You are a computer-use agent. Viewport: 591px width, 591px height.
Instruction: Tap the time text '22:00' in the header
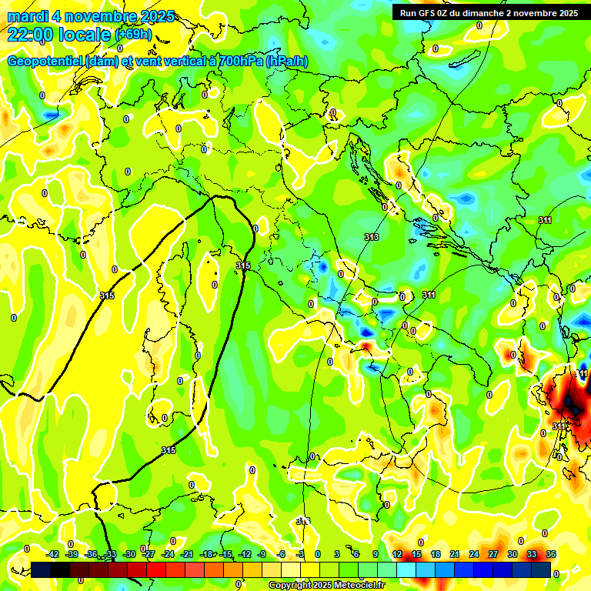(31, 34)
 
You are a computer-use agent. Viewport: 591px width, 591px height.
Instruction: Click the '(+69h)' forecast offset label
(134, 35)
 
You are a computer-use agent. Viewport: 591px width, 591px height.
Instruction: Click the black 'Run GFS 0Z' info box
(487, 13)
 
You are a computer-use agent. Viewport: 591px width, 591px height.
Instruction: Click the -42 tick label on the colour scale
(52, 554)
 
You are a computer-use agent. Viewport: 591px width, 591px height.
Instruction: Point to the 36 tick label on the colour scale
(551, 554)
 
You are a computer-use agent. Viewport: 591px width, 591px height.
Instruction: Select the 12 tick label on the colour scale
(397, 554)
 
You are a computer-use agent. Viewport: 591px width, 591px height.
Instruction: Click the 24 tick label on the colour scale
(474, 554)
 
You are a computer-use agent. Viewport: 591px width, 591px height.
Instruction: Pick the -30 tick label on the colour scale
(129, 554)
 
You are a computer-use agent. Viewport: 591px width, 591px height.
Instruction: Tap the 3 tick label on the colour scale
(337, 554)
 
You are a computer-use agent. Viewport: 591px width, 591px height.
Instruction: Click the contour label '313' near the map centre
(372, 237)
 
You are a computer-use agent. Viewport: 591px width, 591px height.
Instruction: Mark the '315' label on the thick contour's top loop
(243, 265)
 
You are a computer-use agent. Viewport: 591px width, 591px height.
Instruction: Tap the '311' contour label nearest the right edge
(545, 221)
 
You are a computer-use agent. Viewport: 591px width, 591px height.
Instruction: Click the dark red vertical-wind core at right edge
(569, 396)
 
